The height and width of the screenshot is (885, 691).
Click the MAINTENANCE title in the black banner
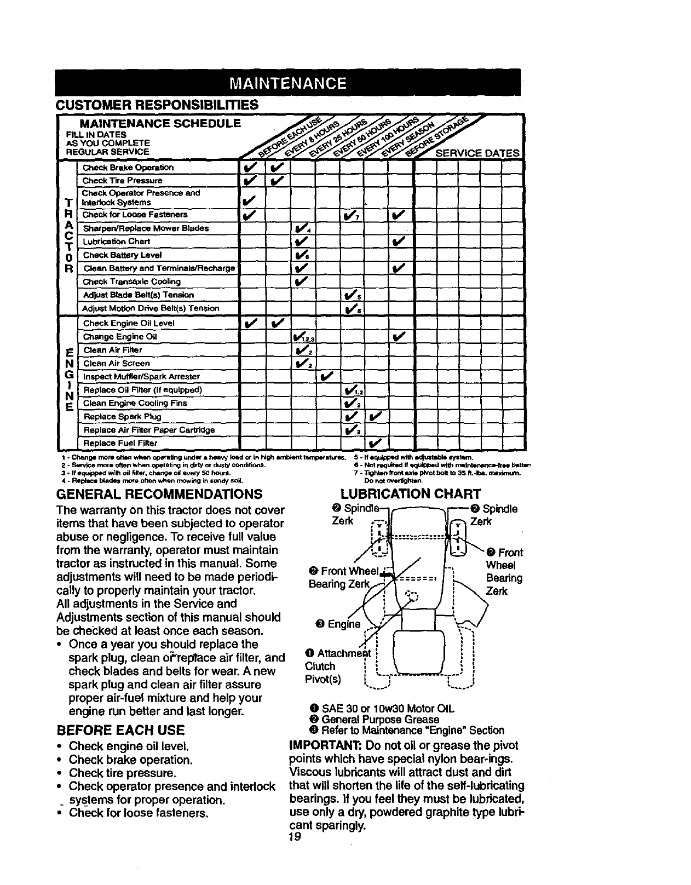288,84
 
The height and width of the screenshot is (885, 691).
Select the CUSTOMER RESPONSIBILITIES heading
157,104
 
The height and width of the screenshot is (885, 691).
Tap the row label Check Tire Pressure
122,181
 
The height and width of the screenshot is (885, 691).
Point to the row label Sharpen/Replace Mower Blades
145,228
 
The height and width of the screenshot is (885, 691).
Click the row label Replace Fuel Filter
120,442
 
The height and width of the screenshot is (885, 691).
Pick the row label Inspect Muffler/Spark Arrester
141,377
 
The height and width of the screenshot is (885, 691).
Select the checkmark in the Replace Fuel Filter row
375,442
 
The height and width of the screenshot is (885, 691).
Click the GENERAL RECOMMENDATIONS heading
159,495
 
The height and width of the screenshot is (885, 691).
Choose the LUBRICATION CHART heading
410,495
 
